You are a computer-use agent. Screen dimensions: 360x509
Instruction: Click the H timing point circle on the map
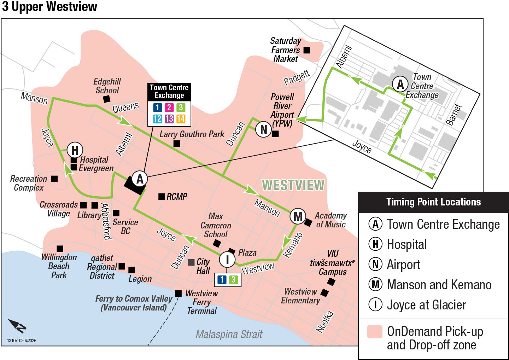coord(75,150)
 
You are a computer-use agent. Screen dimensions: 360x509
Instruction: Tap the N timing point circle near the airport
coord(264,129)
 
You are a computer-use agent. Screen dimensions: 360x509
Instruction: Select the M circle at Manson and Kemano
coord(298,216)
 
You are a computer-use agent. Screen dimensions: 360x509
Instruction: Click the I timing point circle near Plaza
coord(227,259)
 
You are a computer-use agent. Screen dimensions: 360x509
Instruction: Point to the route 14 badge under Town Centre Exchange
coord(181,119)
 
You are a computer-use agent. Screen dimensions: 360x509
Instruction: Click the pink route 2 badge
coord(169,108)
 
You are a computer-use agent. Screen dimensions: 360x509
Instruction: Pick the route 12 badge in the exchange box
coord(158,119)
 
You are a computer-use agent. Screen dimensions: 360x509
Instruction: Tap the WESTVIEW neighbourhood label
coord(293,185)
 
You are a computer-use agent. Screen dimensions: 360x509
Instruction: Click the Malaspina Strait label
coord(229,334)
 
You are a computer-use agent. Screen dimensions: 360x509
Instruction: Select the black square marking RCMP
coord(162,196)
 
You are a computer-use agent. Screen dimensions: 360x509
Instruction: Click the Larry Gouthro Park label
coord(192,134)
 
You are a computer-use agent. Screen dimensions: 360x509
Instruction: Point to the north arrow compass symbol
coord(17,326)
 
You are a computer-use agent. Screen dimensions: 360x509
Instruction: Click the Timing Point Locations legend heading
coord(433,202)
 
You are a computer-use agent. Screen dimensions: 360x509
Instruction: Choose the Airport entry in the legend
coord(403,265)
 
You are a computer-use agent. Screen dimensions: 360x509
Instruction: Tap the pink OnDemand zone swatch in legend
coord(375,332)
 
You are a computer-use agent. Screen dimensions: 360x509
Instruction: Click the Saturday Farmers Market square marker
coord(307,50)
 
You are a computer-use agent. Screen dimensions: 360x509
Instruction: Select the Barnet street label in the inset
coord(454,115)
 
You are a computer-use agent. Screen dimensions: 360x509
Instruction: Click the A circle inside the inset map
coord(400,85)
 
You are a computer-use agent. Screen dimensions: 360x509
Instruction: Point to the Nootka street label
coord(324,322)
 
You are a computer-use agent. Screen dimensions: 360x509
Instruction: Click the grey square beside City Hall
coord(191,262)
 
